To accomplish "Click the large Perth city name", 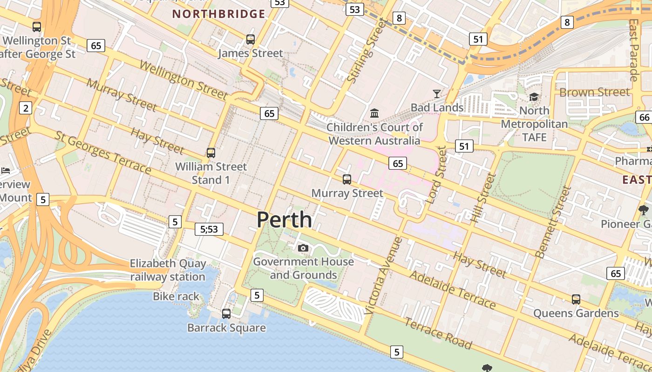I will (x=284, y=219).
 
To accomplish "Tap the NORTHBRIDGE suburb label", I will (x=219, y=14).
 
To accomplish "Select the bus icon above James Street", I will (x=251, y=40).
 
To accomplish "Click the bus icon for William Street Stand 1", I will (x=211, y=153).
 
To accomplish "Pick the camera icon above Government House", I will (x=303, y=248).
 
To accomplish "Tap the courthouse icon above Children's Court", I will (x=374, y=113).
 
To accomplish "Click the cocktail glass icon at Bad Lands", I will (x=436, y=94).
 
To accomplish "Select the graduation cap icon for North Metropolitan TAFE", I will (x=534, y=97).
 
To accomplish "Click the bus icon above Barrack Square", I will (x=226, y=314).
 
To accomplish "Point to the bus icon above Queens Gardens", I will (x=576, y=299).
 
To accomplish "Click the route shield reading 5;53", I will (x=209, y=229).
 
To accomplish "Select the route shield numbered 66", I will (x=644, y=117).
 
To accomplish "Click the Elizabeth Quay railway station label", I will (x=168, y=270).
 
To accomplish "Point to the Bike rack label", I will (x=176, y=296).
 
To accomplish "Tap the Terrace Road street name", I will (x=438, y=333).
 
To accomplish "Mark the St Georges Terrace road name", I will (x=103, y=153).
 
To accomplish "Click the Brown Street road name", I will (x=594, y=92).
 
